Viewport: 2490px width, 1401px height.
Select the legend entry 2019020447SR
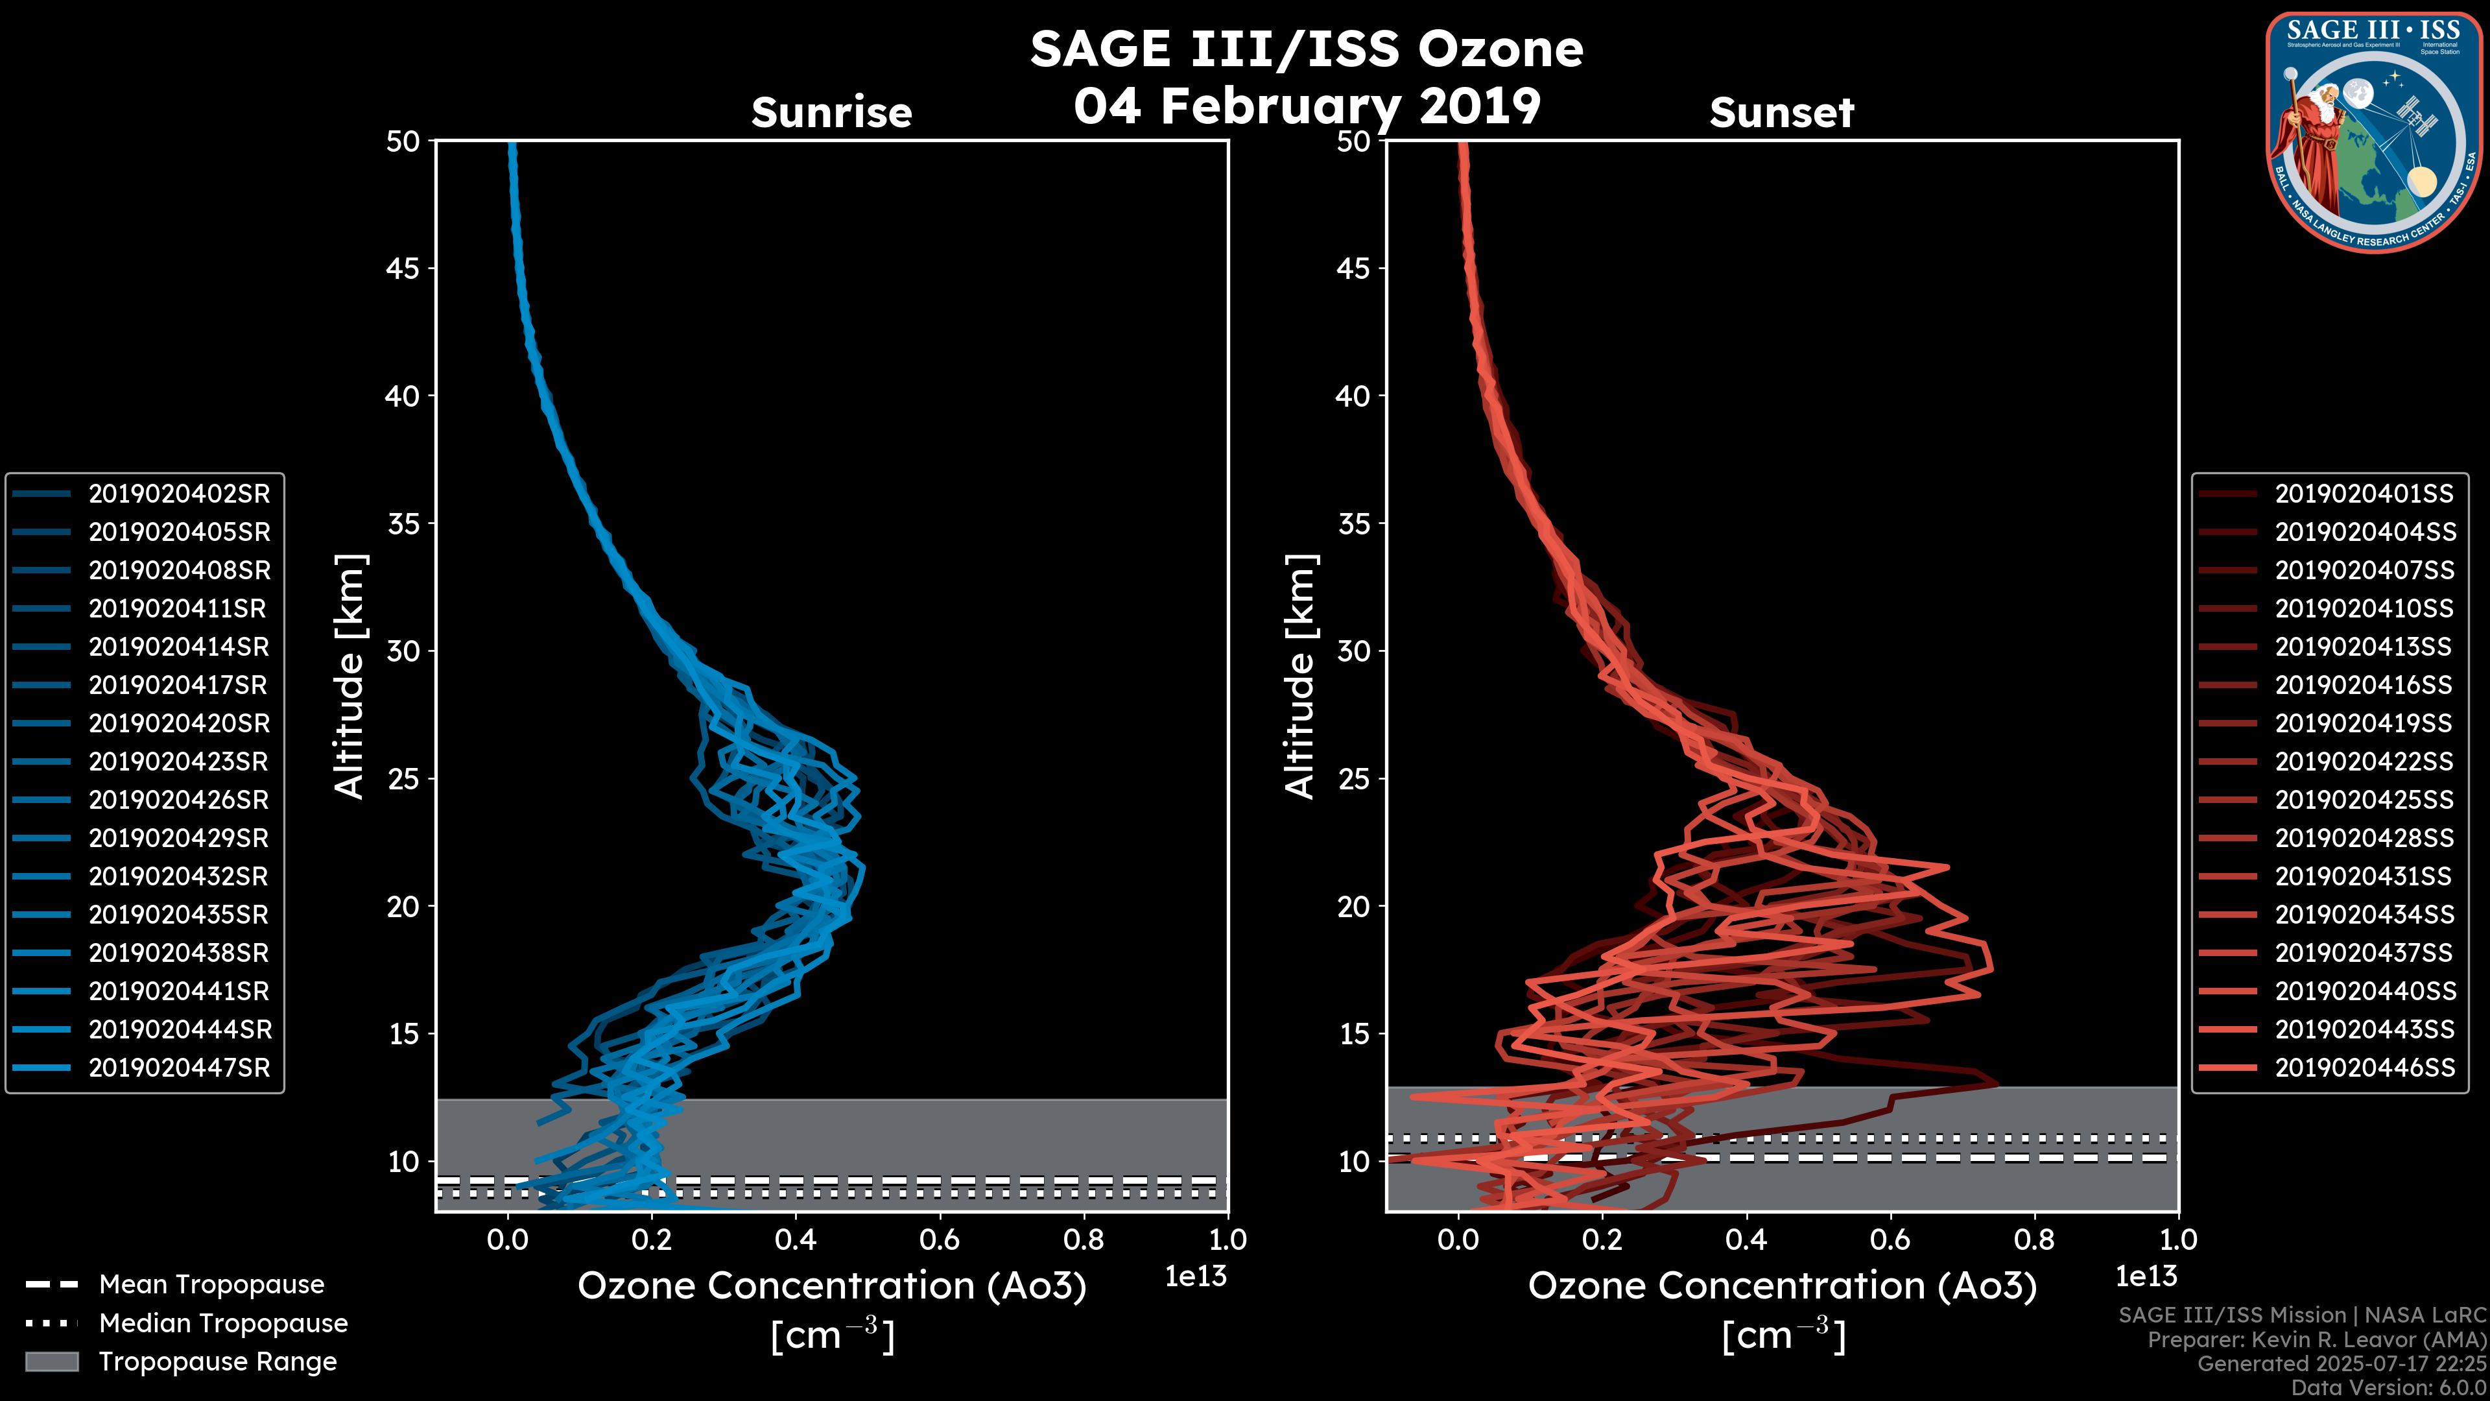click(x=179, y=1068)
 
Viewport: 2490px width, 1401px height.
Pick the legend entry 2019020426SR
click(x=179, y=800)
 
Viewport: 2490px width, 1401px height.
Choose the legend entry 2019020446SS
click(x=2364, y=1068)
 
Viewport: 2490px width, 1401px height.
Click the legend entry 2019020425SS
click(x=2364, y=800)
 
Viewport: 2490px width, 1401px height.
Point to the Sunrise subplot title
click(x=831, y=113)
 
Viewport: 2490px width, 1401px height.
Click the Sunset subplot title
click(x=1781, y=113)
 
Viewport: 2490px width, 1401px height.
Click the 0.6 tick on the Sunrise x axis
click(x=940, y=1239)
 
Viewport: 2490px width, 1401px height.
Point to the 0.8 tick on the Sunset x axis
click(x=2033, y=1239)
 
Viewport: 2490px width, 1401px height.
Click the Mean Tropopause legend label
click(x=211, y=1285)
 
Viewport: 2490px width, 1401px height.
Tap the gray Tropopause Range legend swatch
click(x=51, y=1362)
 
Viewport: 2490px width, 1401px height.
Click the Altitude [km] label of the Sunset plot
click(x=1300, y=677)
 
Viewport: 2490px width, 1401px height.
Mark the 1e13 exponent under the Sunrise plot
click(x=1196, y=1277)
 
